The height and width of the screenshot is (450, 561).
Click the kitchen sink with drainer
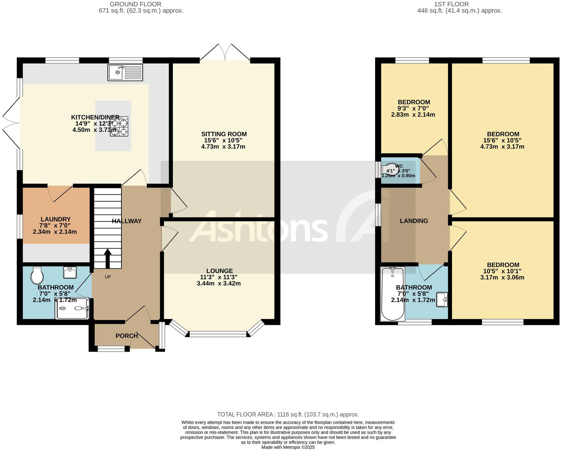coord(125,72)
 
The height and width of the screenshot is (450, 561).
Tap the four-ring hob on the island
coord(119,126)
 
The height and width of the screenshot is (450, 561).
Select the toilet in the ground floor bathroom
coord(37,275)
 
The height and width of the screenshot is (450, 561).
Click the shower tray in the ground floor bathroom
coord(73,308)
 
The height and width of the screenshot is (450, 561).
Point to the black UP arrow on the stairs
coord(108,258)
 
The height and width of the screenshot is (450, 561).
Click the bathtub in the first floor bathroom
coord(392,294)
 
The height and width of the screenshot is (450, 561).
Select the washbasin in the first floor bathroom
coord(442,300)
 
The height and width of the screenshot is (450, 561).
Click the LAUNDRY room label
coord(55,219)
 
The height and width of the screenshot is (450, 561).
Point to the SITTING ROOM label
coord(224,134)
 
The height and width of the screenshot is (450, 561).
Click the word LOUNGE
coord(219,271)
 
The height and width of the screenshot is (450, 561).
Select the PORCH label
coord(127,336)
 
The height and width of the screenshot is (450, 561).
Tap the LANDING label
coord(414,221)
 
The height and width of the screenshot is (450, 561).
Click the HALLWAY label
coord(127,221)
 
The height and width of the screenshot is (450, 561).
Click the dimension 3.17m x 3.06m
coord(502,277)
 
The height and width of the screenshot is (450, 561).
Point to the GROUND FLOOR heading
coord(135,4)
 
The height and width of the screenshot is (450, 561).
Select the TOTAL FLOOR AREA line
coord(288,414)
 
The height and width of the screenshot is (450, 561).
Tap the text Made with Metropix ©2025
coord(288,447)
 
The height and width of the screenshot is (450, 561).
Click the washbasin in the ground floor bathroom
coord(70,273)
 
